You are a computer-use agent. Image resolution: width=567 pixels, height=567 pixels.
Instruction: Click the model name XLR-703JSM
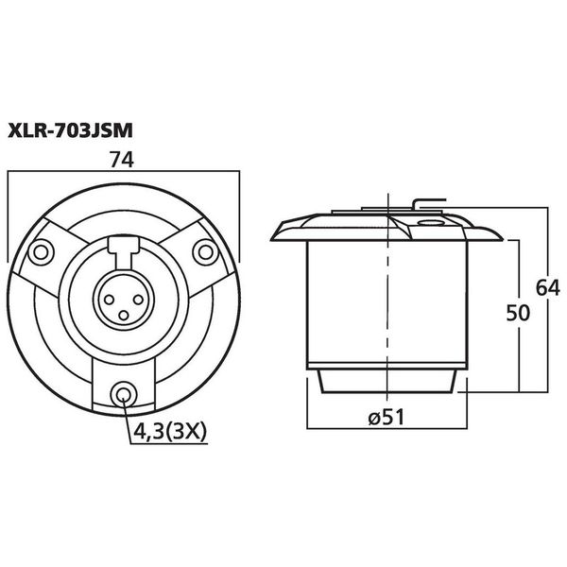coord(70,130)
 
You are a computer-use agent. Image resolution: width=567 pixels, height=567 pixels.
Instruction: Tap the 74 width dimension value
coord(122,160)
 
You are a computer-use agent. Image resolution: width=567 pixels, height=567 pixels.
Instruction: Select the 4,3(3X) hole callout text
coord(170,431)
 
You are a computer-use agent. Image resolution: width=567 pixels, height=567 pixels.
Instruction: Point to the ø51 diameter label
coord(387,418)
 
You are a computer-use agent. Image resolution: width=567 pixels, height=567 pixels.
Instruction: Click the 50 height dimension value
coord(518,313)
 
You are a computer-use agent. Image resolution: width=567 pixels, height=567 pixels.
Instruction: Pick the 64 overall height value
coord(547,288)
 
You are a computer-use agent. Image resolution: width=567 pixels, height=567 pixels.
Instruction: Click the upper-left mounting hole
coord(41,251)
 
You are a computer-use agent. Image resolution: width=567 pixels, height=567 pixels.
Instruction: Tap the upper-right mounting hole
coord(206,251)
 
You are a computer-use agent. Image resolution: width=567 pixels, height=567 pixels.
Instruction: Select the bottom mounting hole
coord(124,394)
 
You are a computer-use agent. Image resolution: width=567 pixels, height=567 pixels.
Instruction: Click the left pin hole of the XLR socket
coord(110,300)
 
